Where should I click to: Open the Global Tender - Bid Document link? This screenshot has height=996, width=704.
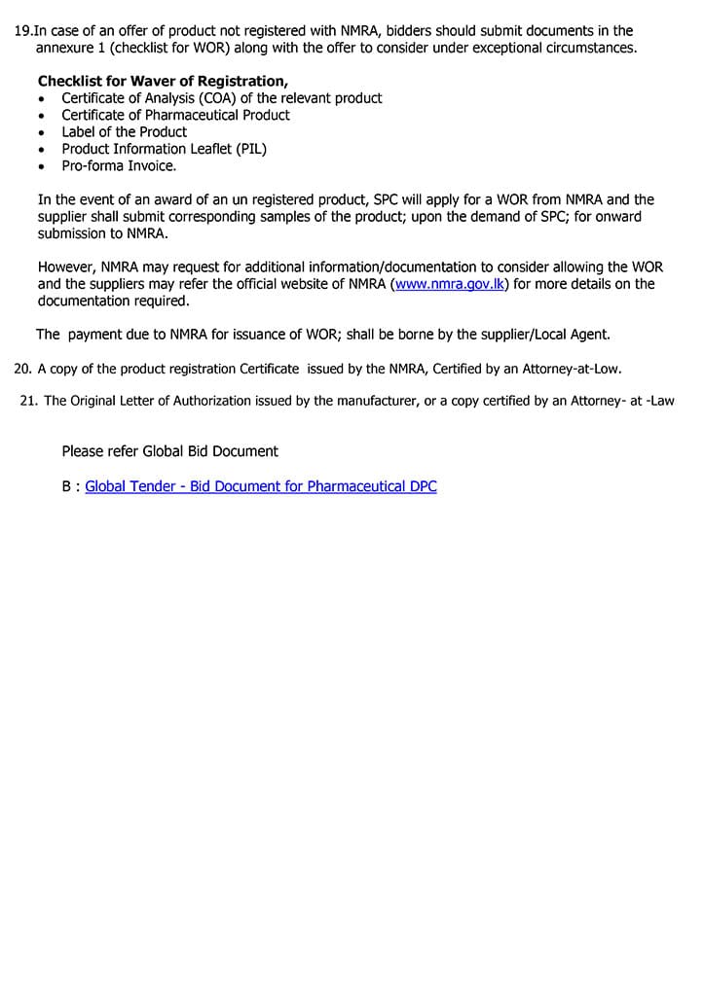[x=261, y=486]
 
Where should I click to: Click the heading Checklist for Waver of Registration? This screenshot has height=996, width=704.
[x=163, y=82]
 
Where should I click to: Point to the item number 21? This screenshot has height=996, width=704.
[x=28, y=401]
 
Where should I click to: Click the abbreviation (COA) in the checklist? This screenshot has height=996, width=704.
[x=199, y=98]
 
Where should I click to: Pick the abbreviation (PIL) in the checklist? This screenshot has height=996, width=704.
[x=249, y=149]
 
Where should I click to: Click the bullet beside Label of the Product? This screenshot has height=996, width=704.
[x=41, y=132]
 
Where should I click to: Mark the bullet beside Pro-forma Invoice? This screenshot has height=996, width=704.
[x=41, y=166]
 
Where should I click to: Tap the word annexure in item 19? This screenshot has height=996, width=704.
[x=67, y=48]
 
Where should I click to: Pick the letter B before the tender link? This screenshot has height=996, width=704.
[x=66, y=486]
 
